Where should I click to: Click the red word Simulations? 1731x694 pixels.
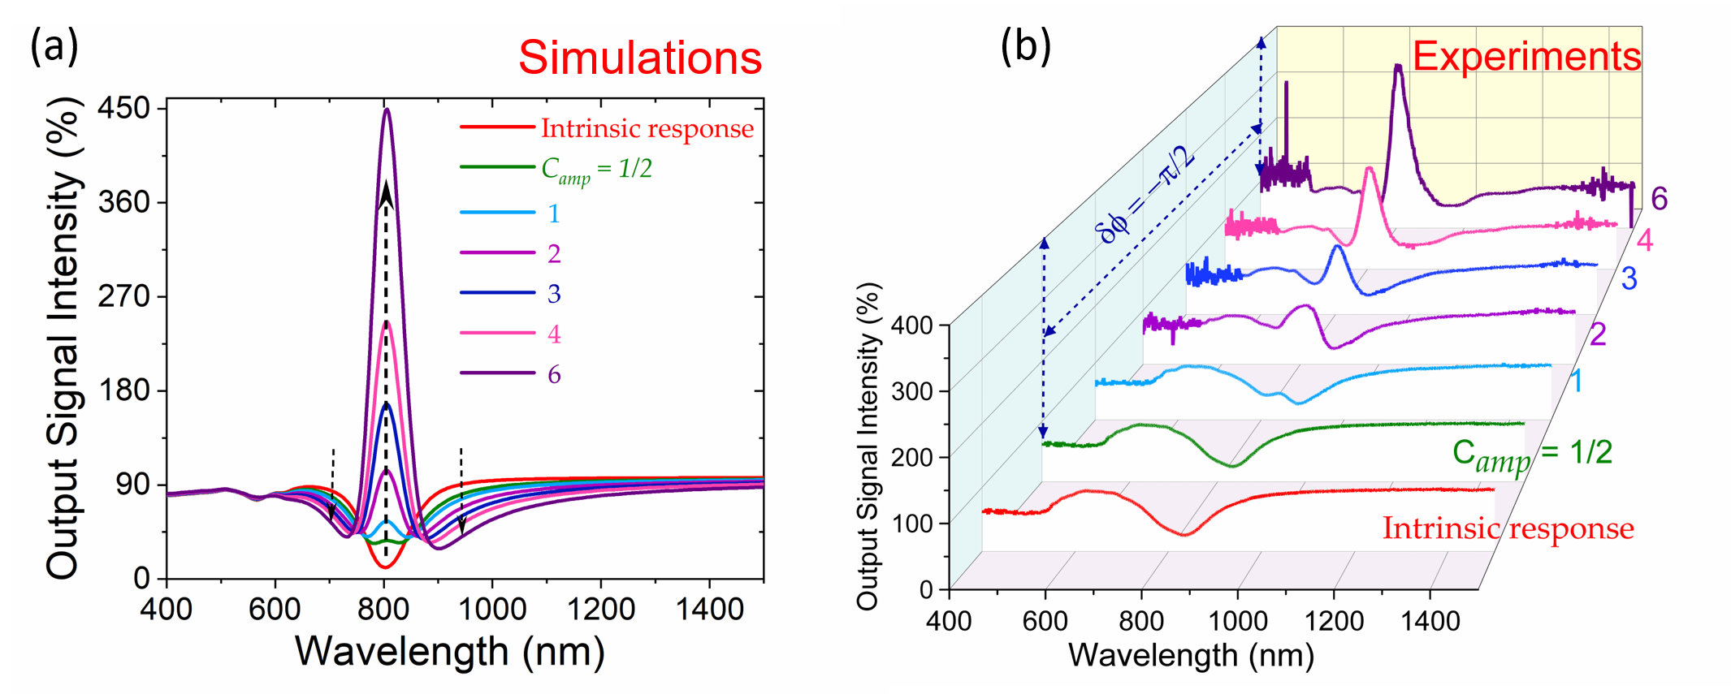(640, 58)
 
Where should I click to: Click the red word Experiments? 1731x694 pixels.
(1526, 57)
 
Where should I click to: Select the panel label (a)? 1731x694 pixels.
(54, 46)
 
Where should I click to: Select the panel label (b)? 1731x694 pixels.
(1025, 46)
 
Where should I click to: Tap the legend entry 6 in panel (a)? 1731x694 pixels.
(554, 374)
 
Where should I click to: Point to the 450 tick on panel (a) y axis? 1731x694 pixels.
(123, 108)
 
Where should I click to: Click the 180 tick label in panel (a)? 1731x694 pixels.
(123, 390)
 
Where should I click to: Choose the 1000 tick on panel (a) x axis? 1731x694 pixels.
(492, 609)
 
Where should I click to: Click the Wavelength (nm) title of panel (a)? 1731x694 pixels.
(450, 651)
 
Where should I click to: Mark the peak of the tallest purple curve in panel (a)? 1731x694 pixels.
(387, 110)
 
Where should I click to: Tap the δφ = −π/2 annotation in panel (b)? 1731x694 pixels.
(1145, 196)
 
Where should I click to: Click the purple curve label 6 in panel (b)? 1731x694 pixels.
(1659, 199)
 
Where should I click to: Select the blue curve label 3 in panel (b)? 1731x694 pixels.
(1629, 279)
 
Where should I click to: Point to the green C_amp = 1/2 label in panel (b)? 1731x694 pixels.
(1531, 455)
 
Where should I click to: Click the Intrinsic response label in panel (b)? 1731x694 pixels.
(1508, 528)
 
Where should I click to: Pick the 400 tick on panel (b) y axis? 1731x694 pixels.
(911, 325)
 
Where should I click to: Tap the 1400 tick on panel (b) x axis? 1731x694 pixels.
(1430, 622)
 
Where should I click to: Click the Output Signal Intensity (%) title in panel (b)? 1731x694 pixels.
(868, 446)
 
